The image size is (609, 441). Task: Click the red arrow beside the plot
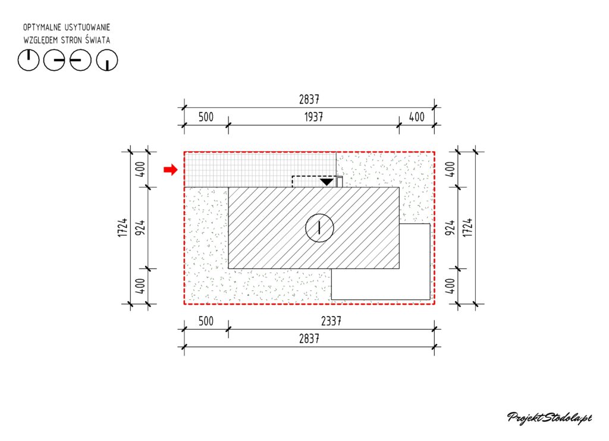(x=171, y=170)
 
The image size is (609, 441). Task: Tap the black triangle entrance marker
(x=327, y=182)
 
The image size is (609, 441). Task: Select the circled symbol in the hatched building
(x=319, y=228)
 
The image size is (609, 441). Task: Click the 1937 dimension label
(x=313, y=117)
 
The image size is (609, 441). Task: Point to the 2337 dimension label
(x=331, y=321)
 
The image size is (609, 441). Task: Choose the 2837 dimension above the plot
(x=309, y=99)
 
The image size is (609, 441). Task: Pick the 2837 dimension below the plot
(x=309, y=339)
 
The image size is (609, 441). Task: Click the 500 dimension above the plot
(x=206, y=117)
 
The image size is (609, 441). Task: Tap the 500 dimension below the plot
(x=206, y=321)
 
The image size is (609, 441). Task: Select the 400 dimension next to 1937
(x=417, y=117)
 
